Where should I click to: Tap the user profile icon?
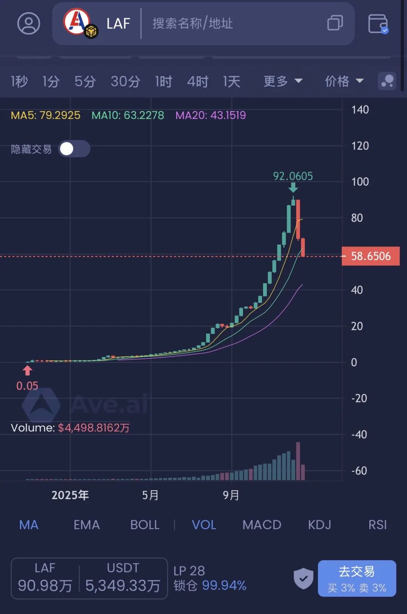(29, 23)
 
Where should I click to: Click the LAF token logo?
(77, 21)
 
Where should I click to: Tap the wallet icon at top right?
(378, 23)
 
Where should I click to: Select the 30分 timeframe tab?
(125, 81)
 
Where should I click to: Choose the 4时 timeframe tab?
(197, 81)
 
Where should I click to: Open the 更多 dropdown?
(283, 81)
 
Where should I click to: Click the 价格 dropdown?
(344, 81)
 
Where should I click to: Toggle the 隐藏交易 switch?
(74, 149)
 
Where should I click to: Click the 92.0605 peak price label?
(293, 176)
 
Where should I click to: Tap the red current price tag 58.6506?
(370, 256)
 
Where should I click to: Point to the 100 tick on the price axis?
(360, 182)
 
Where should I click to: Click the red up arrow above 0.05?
(28, 371)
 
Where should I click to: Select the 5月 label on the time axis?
(150, 495)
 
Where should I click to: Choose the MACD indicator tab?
(262, 525)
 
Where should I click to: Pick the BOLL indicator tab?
(145, 525)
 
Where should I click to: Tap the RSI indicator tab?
(377, 525)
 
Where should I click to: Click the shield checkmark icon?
(303, 578)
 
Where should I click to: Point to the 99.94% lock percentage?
(224, 585)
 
